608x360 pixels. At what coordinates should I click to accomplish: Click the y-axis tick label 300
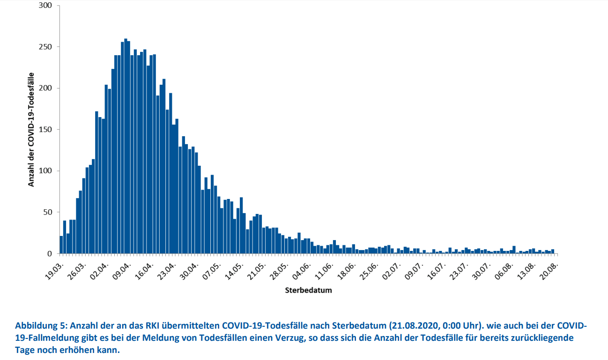click(45, 6)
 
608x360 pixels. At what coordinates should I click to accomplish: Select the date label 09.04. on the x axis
click(122, 269)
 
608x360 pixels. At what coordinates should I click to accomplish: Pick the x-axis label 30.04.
click(189, 269)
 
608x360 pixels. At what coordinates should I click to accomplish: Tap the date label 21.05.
click(257, 269)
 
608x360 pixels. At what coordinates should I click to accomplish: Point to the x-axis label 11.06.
click(324, 269)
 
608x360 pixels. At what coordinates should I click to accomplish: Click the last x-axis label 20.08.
click(549, 269)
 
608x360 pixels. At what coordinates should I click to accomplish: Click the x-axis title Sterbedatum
click(308, 290)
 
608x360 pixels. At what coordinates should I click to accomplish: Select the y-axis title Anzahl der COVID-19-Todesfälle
click(31, 129)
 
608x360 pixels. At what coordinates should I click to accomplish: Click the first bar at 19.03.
click(61, 245)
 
